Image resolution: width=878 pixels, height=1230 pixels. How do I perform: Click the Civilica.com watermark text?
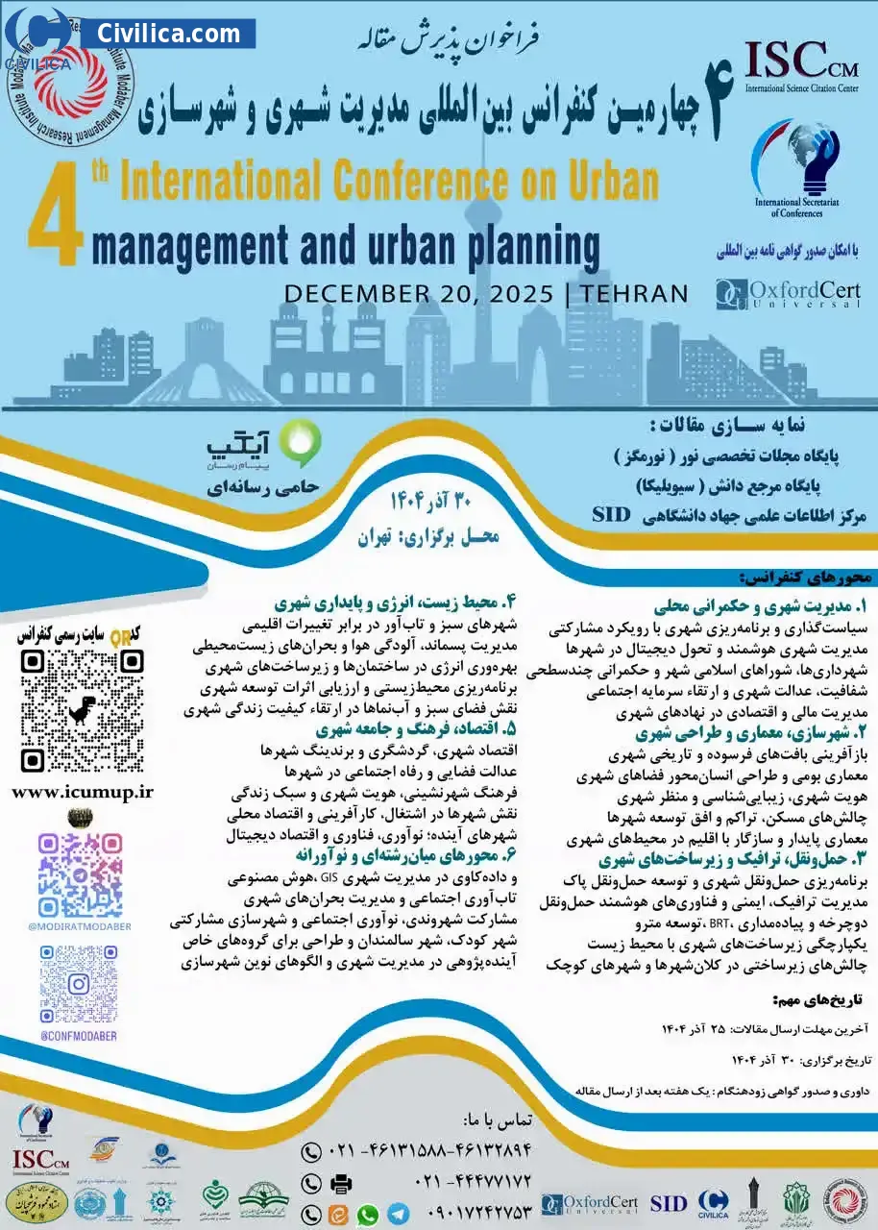pyautogui.click(x=168, y=34)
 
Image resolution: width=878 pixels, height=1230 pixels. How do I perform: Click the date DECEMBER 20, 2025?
pyautogui.click(x=418, y=294)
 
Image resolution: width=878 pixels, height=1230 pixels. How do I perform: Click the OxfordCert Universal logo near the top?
pyautogui.click(x=788, y=294)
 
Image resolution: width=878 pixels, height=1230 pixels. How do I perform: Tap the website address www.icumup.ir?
pyautogui.click(x=83, y=791)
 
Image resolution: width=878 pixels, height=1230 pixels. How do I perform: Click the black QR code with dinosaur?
pyautogui.click(x=83, y=710)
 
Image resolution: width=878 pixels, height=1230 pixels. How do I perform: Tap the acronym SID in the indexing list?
pyautogui.click(x=610, y=514)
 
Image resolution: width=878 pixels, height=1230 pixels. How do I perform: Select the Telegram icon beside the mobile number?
pyautogui.click(x=398, y=1214)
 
